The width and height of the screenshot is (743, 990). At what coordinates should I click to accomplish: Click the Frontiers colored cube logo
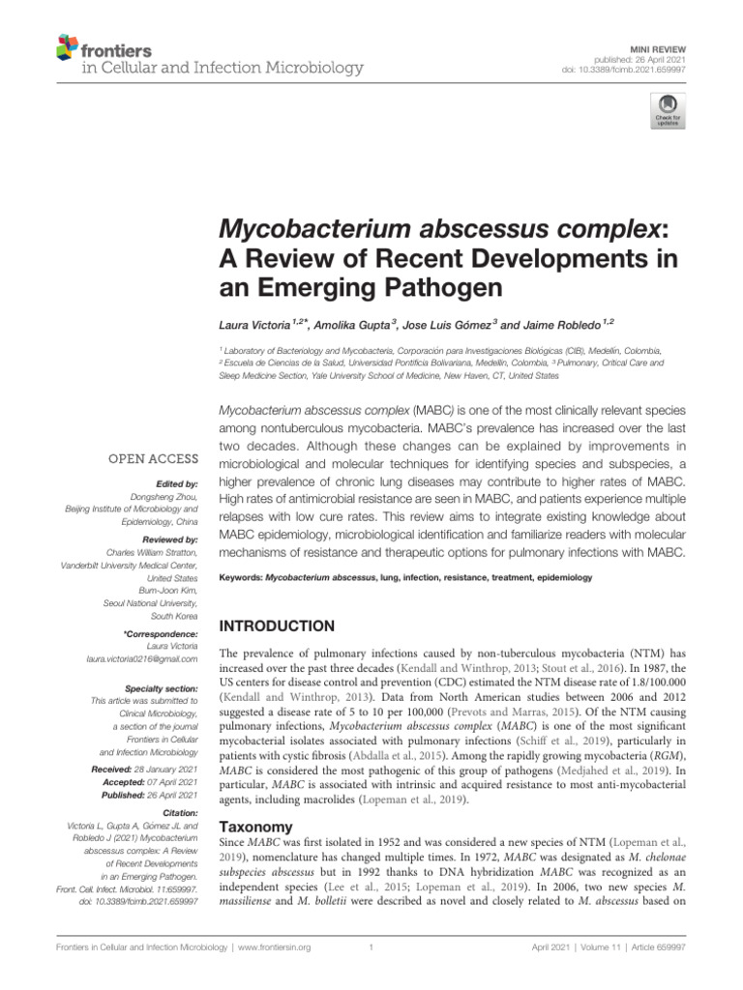[x=67, y=45]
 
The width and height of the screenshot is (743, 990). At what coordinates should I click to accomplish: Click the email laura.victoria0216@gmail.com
[x=142, y=658]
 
